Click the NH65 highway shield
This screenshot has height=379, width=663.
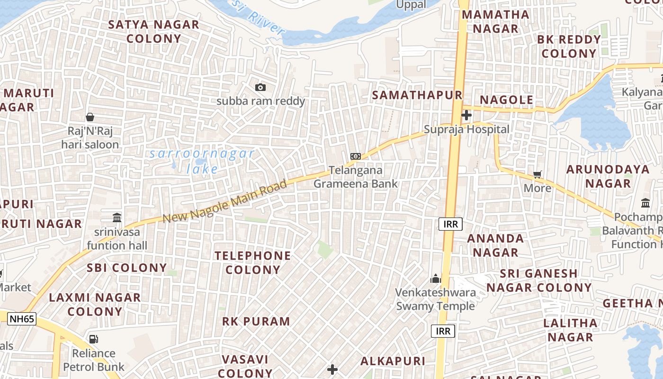click(22, 319)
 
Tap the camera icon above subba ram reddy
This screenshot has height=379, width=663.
click(260, 87)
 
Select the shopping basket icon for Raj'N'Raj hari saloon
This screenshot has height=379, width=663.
click(90, 117)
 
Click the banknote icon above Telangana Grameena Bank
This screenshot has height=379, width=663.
click(355, 156)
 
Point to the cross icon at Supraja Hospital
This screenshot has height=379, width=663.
click(466, 115)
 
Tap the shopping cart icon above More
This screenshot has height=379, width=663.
click(537, 174)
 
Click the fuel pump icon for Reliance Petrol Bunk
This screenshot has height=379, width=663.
click(94, 339)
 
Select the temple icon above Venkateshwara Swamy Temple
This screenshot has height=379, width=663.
click(435, 279)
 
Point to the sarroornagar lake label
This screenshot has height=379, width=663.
click(202, 161)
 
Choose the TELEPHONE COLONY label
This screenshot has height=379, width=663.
click(253, 262)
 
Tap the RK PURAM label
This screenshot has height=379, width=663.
click(256, 321)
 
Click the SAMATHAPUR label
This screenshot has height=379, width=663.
click(417, 95)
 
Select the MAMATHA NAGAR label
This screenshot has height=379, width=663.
click(495, 21)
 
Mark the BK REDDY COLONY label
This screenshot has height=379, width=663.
click(569, 46)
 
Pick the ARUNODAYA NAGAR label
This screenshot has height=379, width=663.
click(608, 176)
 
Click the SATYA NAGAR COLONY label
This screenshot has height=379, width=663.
click(154, 31)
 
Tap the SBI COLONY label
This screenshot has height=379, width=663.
click(126, 268)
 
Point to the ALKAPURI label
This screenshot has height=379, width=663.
click(393, 361)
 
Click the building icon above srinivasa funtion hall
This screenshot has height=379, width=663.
click(117, 217)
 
